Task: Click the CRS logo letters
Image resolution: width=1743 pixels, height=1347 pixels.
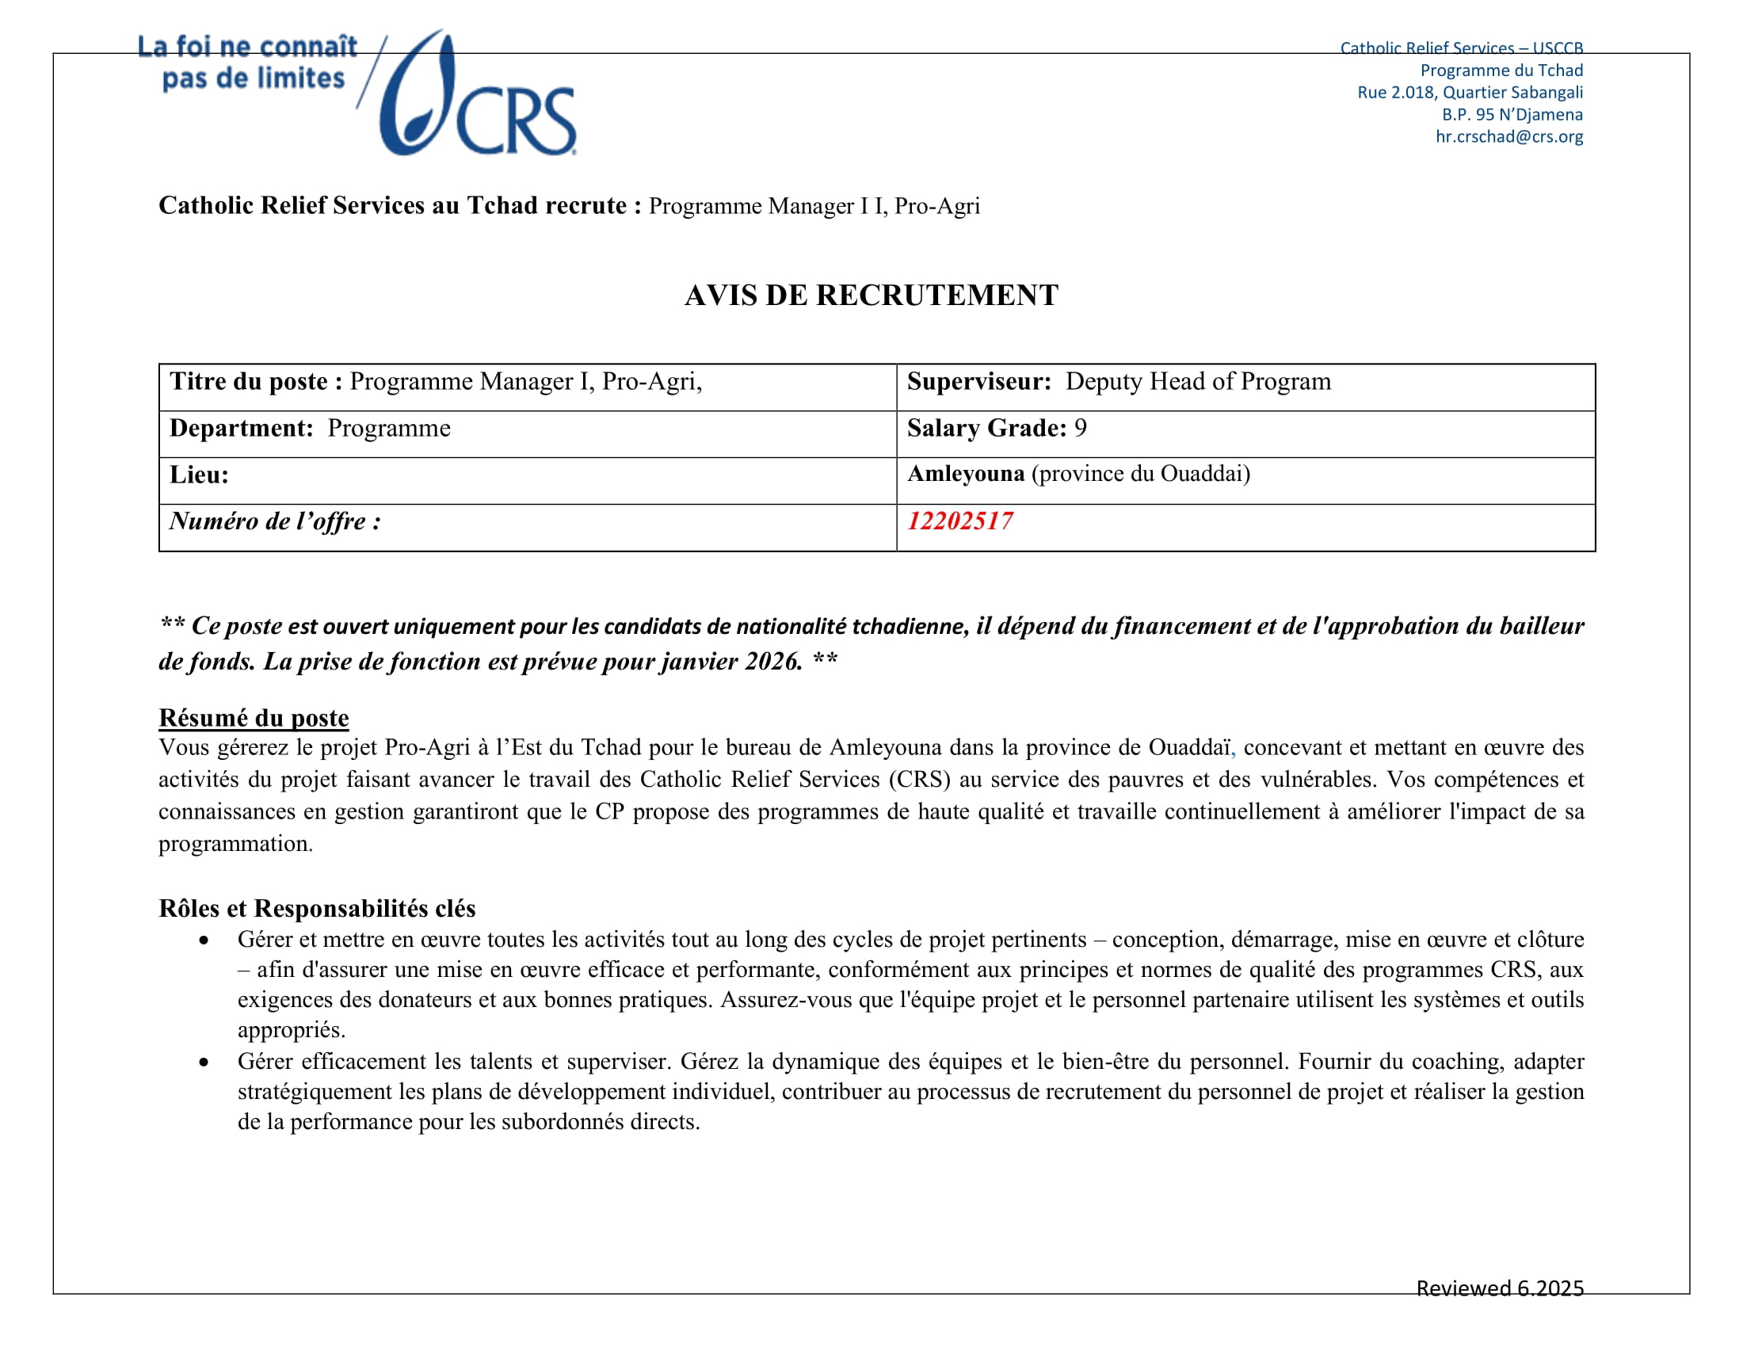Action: (x=516, y=121)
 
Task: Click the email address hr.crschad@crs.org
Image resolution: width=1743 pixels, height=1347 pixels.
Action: (x=1508, y=136)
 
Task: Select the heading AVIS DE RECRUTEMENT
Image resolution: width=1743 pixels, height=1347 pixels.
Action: (x=871, y=296)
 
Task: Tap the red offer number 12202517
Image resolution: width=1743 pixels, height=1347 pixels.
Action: (x=959, y=521)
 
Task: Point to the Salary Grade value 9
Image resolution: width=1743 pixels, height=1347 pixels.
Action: (x=1080, y=429)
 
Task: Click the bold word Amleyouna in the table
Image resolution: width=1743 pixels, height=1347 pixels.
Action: (x=966, y=474)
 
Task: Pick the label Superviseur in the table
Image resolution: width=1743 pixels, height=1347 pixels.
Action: (x=978, y=381)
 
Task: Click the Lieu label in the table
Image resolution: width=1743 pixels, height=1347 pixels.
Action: (x=199, y=475)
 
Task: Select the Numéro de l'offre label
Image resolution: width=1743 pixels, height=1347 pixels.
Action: (x=275, y=521)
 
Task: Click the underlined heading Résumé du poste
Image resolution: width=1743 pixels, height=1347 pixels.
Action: (x=254, y=717)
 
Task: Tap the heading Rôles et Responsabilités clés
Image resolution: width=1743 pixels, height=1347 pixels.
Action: (x=317, y=908)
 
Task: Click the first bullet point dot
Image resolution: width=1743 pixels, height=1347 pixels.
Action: (x=204, y=941)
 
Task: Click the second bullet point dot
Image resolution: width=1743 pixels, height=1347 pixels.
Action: (x=204, y=1063)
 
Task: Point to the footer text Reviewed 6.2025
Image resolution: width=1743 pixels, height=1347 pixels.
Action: (x=1500, y=1288)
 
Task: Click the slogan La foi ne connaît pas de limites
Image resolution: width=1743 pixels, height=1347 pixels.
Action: (x=248, y=63)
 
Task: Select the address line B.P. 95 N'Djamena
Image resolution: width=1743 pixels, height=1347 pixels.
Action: (x=1512, y=114)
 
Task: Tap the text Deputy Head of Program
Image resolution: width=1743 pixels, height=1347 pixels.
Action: (x=1198, y=381)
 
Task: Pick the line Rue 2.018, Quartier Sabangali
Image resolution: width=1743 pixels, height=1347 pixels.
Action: (x=1469, y=93)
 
